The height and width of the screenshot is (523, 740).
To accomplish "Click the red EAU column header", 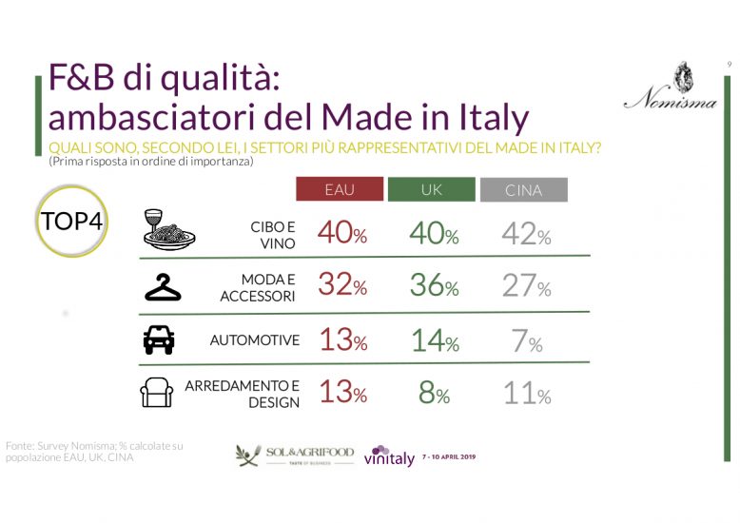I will pyautogui.click(x=340, y=190).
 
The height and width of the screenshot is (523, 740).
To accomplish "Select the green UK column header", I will pyautogui.click(x=431, y=190).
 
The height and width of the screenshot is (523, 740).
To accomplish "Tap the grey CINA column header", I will pyautogui.click(x=523, y=190).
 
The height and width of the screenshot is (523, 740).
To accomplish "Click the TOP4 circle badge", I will pyautogui.click(x=72, y=223).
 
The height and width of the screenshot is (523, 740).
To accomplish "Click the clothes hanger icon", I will pyautogui.click(x=164, y=286).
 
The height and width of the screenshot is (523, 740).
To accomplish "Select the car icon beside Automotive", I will pyautogui.click(x=159, y=339).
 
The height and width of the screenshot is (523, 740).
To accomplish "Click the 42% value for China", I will pyautogui.click(x=526, y=233).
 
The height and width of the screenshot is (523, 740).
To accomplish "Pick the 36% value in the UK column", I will pyautogui.click(x=433, y=285).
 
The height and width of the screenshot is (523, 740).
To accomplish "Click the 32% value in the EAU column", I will pyautogui.click(x=341, y=285).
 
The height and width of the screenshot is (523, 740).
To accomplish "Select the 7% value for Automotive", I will pyautogui.click(x=526, y=340).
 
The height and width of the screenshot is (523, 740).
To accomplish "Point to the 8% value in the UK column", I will pyautogui.click(x=434, y=393).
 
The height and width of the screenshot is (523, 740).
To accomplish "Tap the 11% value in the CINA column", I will pyautogui.click(x=526, y=393).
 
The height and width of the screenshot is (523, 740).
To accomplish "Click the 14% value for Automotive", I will pyautogui.click(x=433, y=340).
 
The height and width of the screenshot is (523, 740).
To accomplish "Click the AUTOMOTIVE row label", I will pyautogui.click(x=255, y=339).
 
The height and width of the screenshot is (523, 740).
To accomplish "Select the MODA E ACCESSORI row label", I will pyautogui.click(x=260, y=287).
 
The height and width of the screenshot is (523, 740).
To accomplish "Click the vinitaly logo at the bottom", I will pyautogui.click(x=389, y=456).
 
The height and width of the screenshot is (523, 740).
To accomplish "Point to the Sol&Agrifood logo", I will pyautogui.click(x=294, y=455).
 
